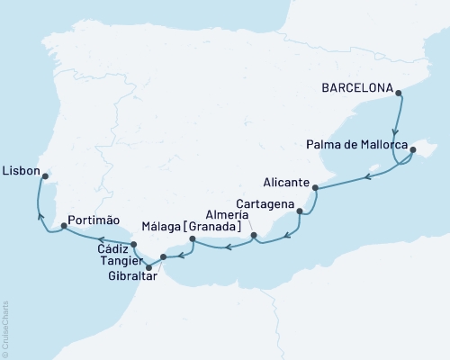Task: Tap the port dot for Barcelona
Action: click(x=400, y=90)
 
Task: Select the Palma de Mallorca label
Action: click(x=356, y=146)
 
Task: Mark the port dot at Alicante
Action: click(x=315, y=187)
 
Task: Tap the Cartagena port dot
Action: click(x=300, y=213)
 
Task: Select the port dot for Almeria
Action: click(x=254, y=236)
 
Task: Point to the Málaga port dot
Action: click(x=193, y=238)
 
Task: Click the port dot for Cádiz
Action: click(x=134, y=245)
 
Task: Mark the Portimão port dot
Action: click(x=63, y=227)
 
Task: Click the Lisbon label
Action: click(x=20, y=168)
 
